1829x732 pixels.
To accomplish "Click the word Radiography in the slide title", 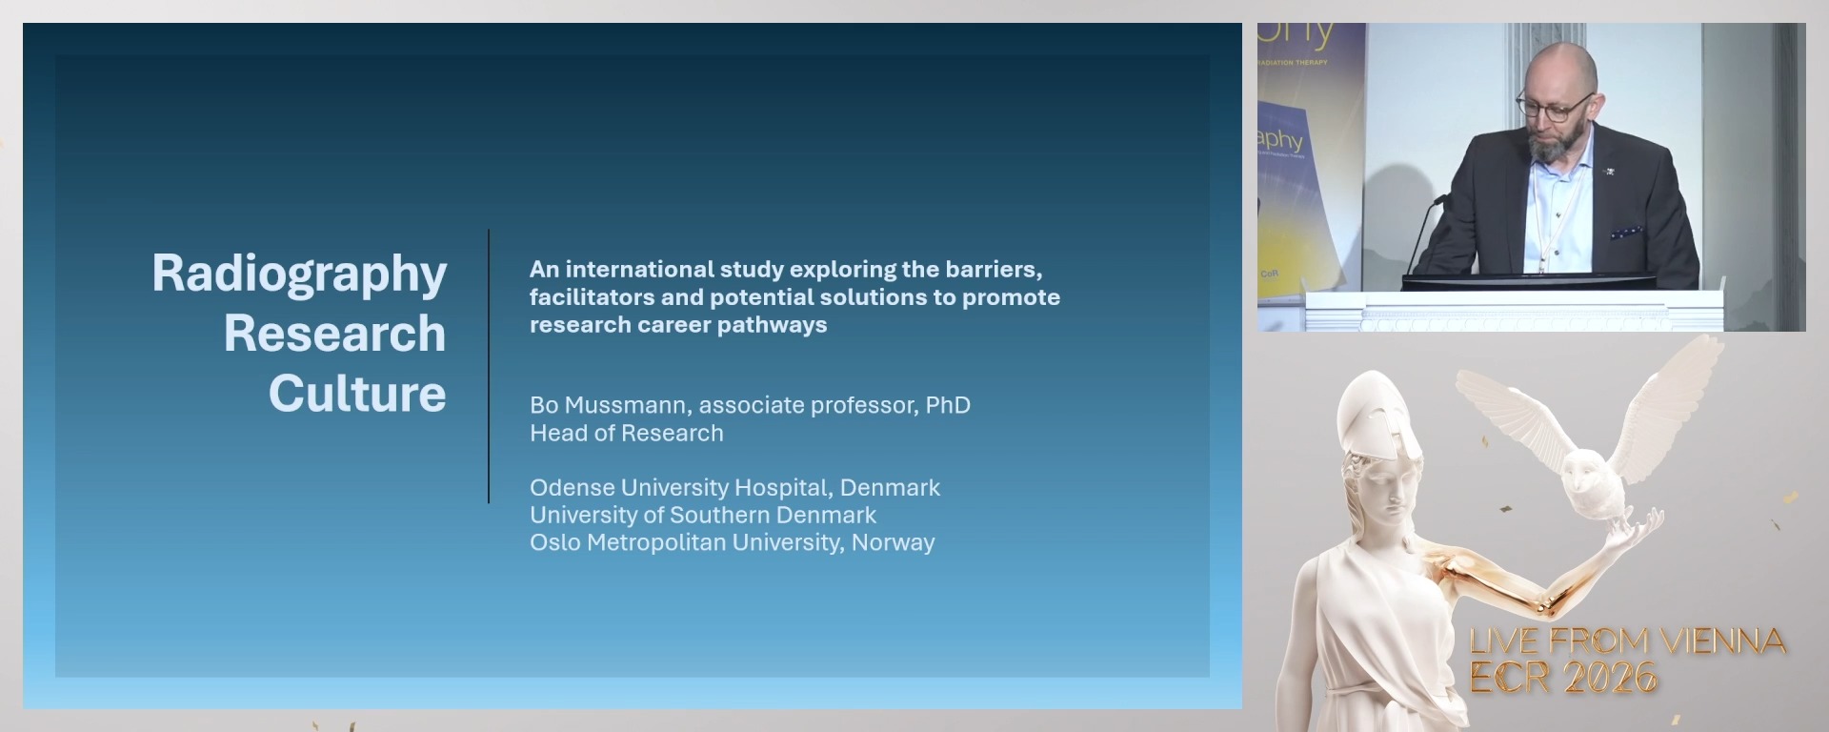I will [x=299, y=274].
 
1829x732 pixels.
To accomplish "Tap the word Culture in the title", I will [x=357, y=394].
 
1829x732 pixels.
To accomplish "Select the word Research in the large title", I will [x=334, y=334].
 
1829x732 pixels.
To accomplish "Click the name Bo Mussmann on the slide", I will [x=610, y=405].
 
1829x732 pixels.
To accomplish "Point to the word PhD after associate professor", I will [x=948, y=405].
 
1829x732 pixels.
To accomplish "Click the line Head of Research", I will [x=627, y=433].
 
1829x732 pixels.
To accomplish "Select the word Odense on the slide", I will [x=572, y=488].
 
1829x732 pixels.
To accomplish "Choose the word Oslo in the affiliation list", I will [x=554, y=542].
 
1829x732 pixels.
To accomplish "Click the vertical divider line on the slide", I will [x=489, y=366].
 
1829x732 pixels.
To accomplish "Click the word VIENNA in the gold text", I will [x=1723, y=641].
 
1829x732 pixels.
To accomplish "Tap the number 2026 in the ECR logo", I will [x=1610, y=678].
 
